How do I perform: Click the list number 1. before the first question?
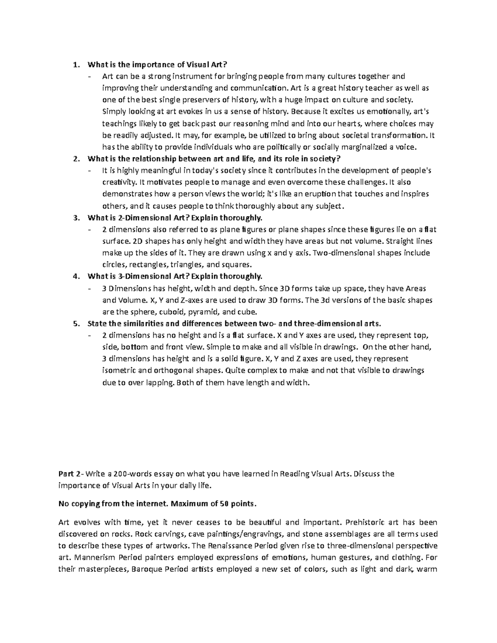coord(75,64)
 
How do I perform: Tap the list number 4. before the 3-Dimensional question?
coord(75,276)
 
